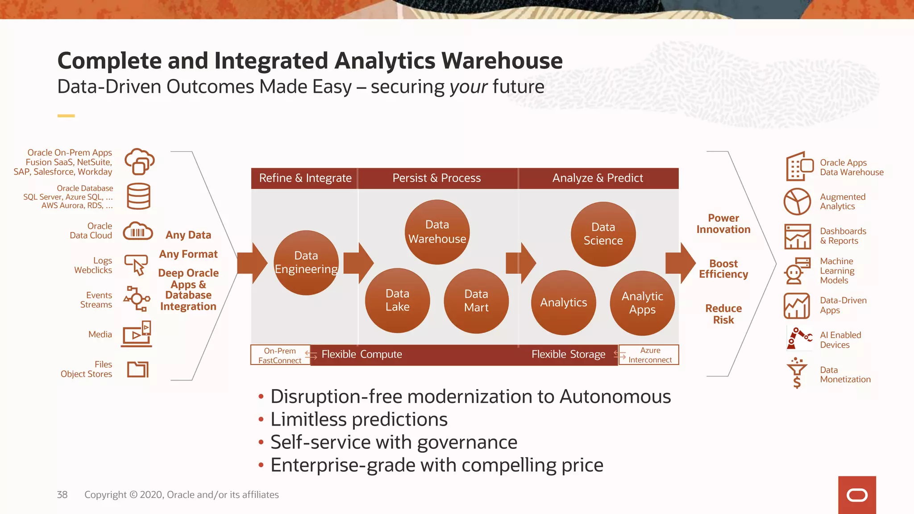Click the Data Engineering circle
coord(306,263)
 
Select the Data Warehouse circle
coord(437,232)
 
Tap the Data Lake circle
coord(397,300)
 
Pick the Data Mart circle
coord(476,301)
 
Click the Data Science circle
coord(603,234)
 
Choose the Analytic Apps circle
coord(642,303)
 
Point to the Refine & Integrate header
coord(305,178)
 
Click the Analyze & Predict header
coord(598,178)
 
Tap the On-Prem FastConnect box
coord(280,356)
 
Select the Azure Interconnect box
coord(650,355)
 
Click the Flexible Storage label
coord(568,355)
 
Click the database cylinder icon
coord(138,196)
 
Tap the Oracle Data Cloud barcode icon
coord(138,232)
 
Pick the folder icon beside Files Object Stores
coord(138,369)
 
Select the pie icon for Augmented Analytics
coord(797,202)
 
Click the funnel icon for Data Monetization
coord(797,373)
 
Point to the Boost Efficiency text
coord(723,269)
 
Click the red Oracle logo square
coord(857,495)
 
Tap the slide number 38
coord(62,495)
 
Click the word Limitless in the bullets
coord(308,419)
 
